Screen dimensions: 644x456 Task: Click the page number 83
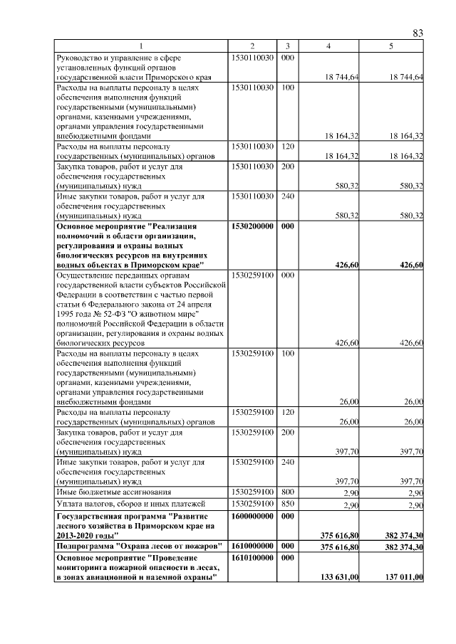point(418,33)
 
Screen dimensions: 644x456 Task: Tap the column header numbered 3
point(288,46)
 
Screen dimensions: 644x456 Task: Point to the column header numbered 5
point(391,46)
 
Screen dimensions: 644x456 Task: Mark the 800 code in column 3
point(288,491)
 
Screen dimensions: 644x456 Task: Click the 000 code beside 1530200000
point(288,227)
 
